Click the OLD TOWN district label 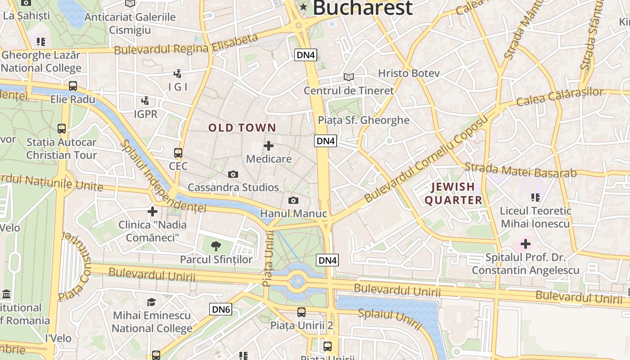(242, 128)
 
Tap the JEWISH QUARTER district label (453, 193)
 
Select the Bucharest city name (362, 8)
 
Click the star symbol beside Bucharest (304, 7)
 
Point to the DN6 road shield (221, 309)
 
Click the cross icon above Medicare (269, 146)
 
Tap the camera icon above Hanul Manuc (293, 200)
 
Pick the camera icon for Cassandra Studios (233, 174)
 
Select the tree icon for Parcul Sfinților (216, 246)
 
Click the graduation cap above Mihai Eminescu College (152, 302)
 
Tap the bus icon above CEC (178, 153)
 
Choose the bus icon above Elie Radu (73, 86)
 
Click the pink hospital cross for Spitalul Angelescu (525, 244)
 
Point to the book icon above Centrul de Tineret (349, 77)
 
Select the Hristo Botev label (409, 73)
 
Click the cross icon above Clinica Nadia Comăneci (153, 211)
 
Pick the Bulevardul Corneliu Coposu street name (426, 158)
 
